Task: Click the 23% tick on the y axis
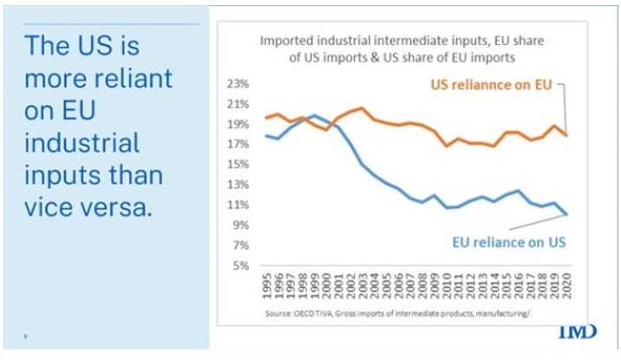pos(238,84)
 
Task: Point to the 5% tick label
pos(240,265)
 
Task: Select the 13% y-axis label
pos(238,184)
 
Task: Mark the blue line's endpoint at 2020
pos(566,213)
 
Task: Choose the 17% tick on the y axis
pos(238,144)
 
